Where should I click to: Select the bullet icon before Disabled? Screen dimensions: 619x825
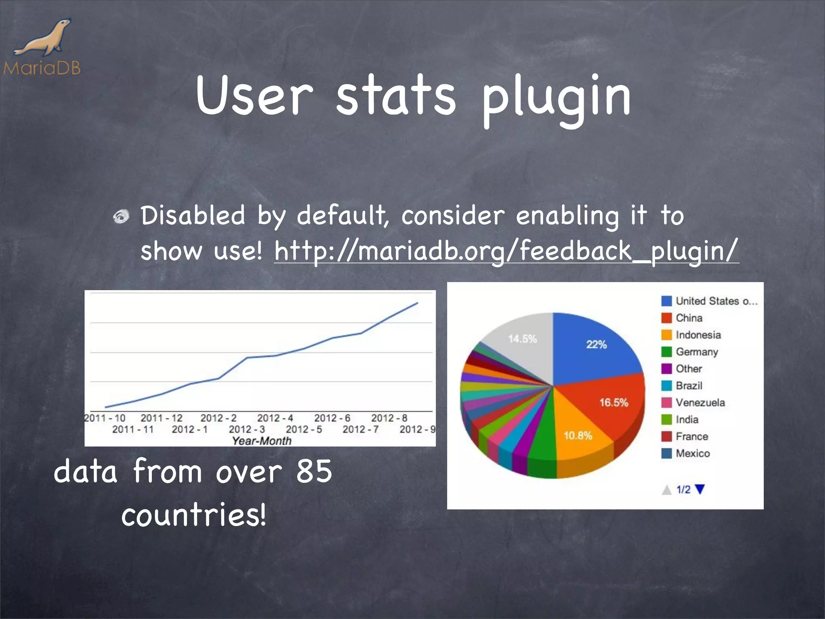click(x=121, y=216)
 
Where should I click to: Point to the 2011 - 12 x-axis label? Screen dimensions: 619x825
click(x=161, y=418)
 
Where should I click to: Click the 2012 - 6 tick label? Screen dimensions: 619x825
click(x=332, y=418)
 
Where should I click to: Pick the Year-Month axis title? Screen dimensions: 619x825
click(x=261, y=441)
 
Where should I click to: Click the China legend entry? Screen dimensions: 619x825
click(x=689, y=318)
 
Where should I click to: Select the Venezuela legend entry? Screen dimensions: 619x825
click(x=700, y=403)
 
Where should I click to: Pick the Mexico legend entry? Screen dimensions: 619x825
click(x=692, y=453)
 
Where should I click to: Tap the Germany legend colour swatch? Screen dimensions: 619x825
click(x=666, y=352)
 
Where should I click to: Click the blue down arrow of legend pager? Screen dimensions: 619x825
click(x=700, y=489)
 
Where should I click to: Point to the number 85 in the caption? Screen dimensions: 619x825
click(x=314, y=471)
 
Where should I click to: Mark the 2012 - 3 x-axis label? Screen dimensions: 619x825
click(x=247, y=430)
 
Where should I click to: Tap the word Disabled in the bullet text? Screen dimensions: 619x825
click(x=193, y=215)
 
